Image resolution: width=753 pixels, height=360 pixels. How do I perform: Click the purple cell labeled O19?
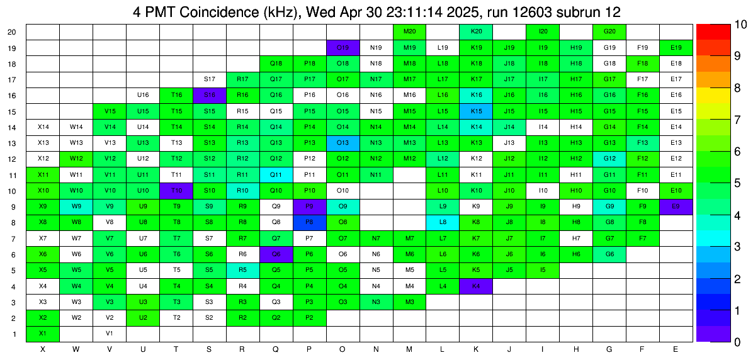[343, 47]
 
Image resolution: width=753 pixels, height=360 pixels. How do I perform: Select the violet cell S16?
[210, 95]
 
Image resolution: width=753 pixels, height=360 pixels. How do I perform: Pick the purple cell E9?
[676, 206]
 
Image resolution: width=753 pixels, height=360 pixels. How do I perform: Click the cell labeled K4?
[476, 286]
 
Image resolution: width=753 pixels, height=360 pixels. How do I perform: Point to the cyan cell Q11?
[276, 174]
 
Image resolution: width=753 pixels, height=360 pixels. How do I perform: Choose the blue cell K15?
[476, 111]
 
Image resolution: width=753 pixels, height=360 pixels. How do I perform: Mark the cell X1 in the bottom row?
[43, 333]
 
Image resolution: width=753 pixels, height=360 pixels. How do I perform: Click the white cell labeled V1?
[110, 333]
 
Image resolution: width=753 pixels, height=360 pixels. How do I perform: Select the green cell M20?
[409, 31]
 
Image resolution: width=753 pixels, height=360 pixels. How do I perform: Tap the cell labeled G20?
[609, 31]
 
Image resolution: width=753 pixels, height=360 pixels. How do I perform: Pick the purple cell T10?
[176, 190]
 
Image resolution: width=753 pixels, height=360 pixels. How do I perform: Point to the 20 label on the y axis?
[13, 31]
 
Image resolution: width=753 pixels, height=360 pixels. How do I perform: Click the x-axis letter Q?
[276, 349]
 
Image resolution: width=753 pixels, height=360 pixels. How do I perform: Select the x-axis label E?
[676, 349]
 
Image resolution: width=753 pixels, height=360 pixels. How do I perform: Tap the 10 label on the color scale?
[740, 25]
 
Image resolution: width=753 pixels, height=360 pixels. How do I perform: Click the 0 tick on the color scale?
[738, 342]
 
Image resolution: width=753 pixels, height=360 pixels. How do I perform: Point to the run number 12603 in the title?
[541, 12]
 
